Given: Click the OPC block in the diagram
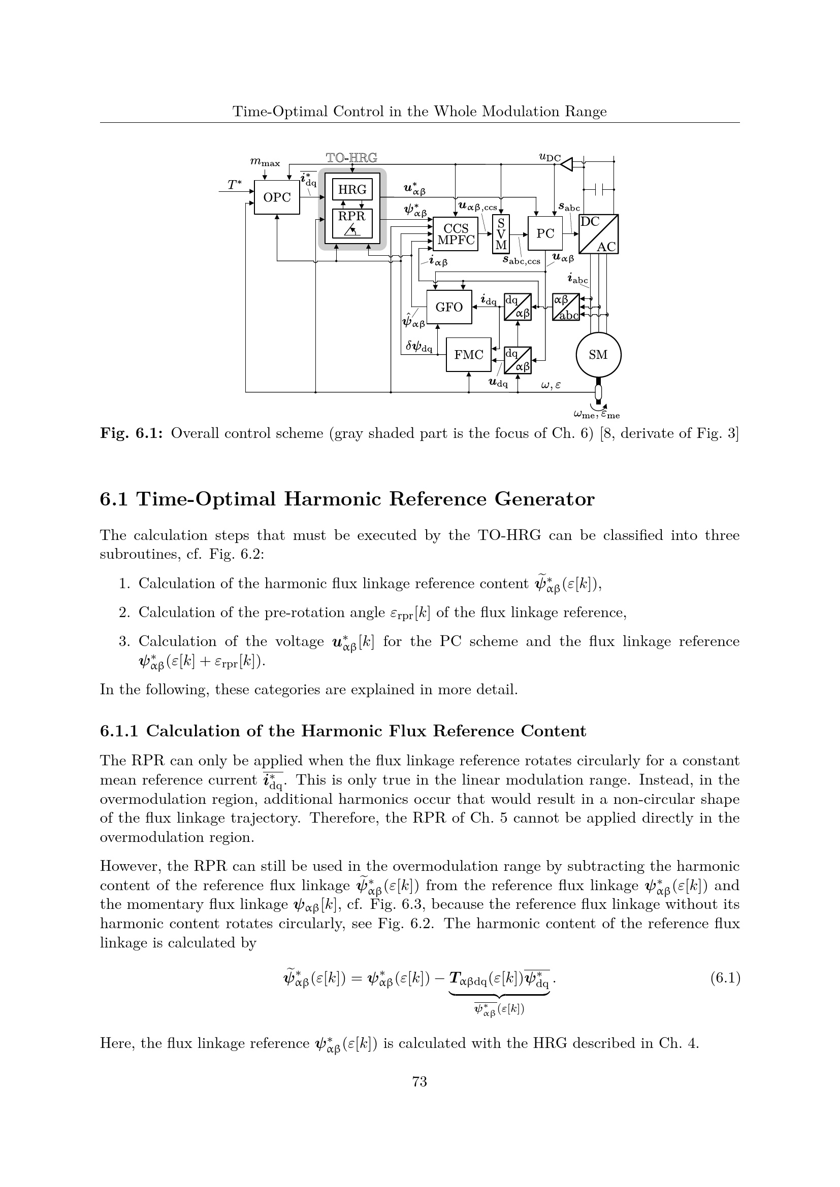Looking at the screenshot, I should click(277, 197).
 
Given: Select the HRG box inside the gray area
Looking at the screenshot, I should click(352, 190).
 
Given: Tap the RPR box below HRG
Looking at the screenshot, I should click(352, 223).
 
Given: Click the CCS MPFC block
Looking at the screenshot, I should click(455, 234).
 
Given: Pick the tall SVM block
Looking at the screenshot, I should click(501, 234).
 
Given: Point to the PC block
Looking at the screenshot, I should click(544, 233).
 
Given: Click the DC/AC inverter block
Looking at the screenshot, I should click(598, 234).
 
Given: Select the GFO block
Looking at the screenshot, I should click(449, 307).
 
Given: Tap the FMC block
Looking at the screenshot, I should click(469, 355).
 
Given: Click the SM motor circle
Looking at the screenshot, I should click(598, 355).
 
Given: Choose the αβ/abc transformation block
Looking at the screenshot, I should click(566, 307).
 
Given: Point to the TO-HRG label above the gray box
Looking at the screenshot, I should click(352, 157).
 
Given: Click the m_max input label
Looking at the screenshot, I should click(265, 162).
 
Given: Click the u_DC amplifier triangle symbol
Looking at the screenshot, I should click(567, 164).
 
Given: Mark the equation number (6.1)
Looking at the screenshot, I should click(725, 978).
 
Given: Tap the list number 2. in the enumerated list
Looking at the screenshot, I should click(123, 613).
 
